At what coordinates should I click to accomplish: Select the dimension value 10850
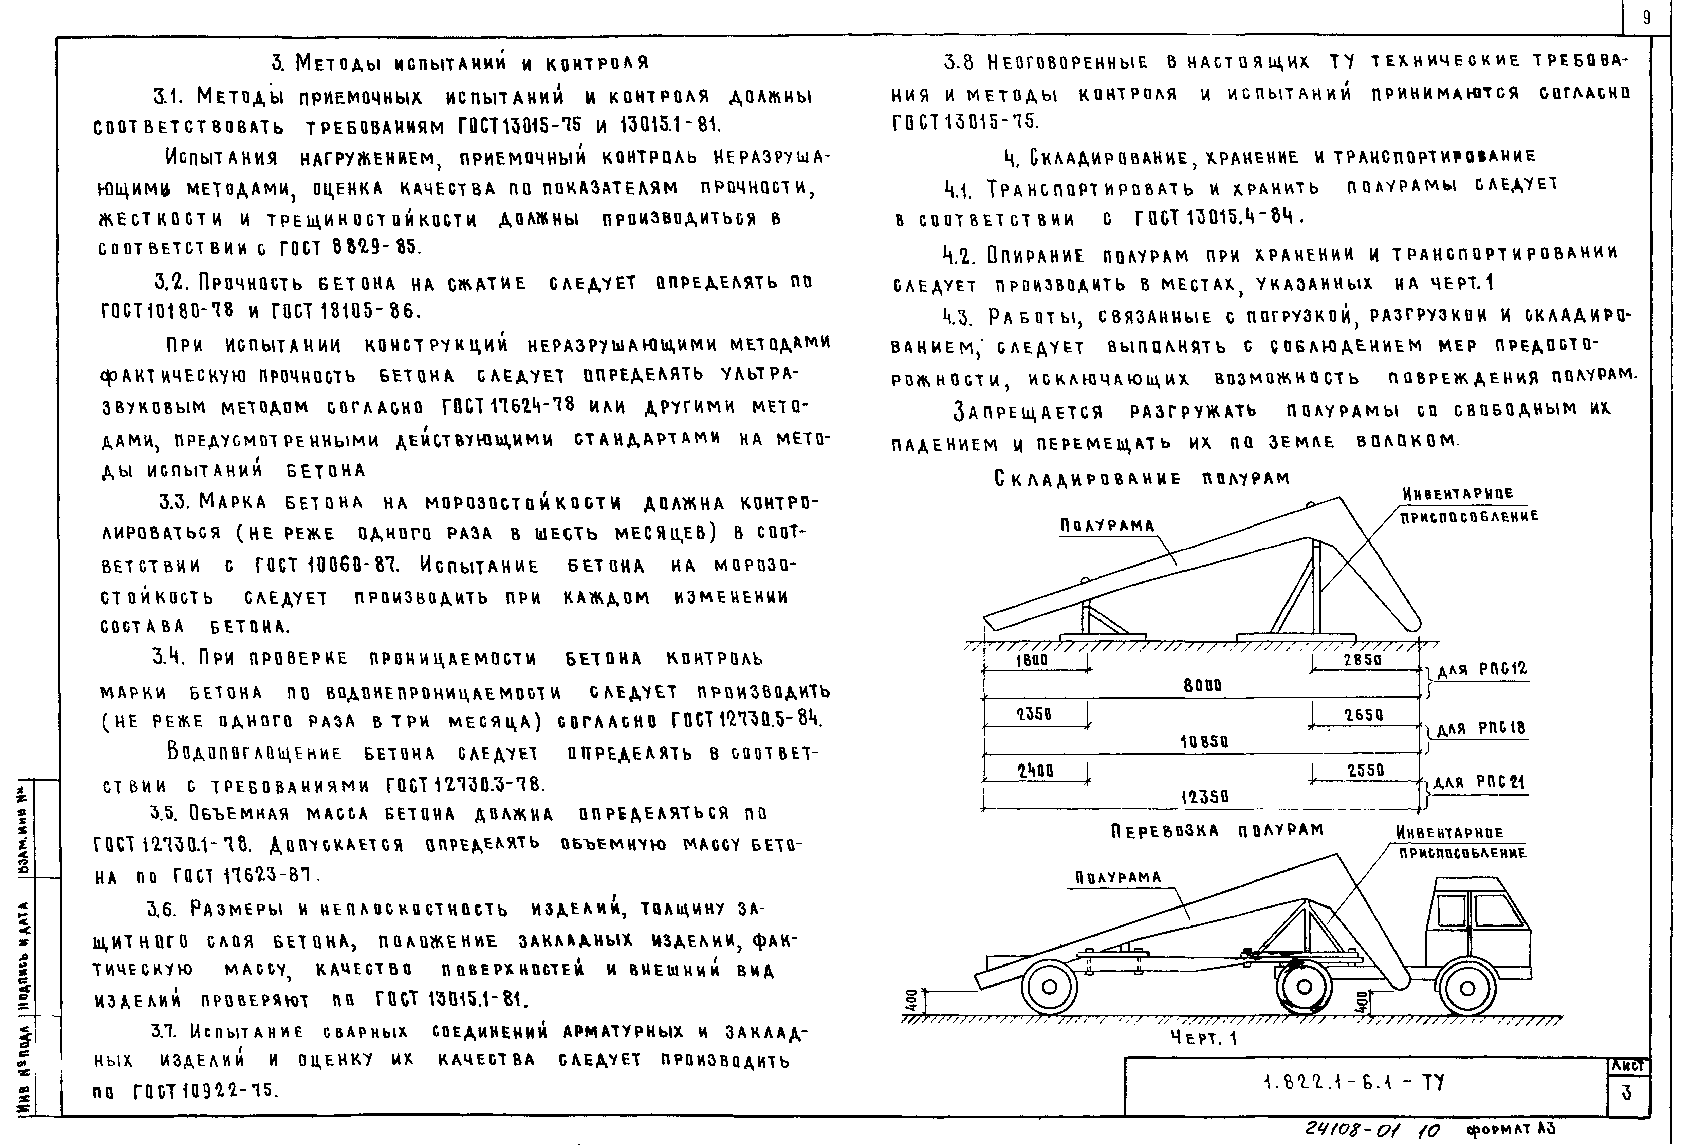click(x=1204, y=742)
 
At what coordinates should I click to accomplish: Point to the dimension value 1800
click(x=1031, y=660)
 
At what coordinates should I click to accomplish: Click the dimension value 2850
click(x=1363, y=660)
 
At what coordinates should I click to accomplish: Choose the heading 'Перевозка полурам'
click(x=1217, y=830)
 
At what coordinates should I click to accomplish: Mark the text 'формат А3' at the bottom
click(x=1511, y=1129)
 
